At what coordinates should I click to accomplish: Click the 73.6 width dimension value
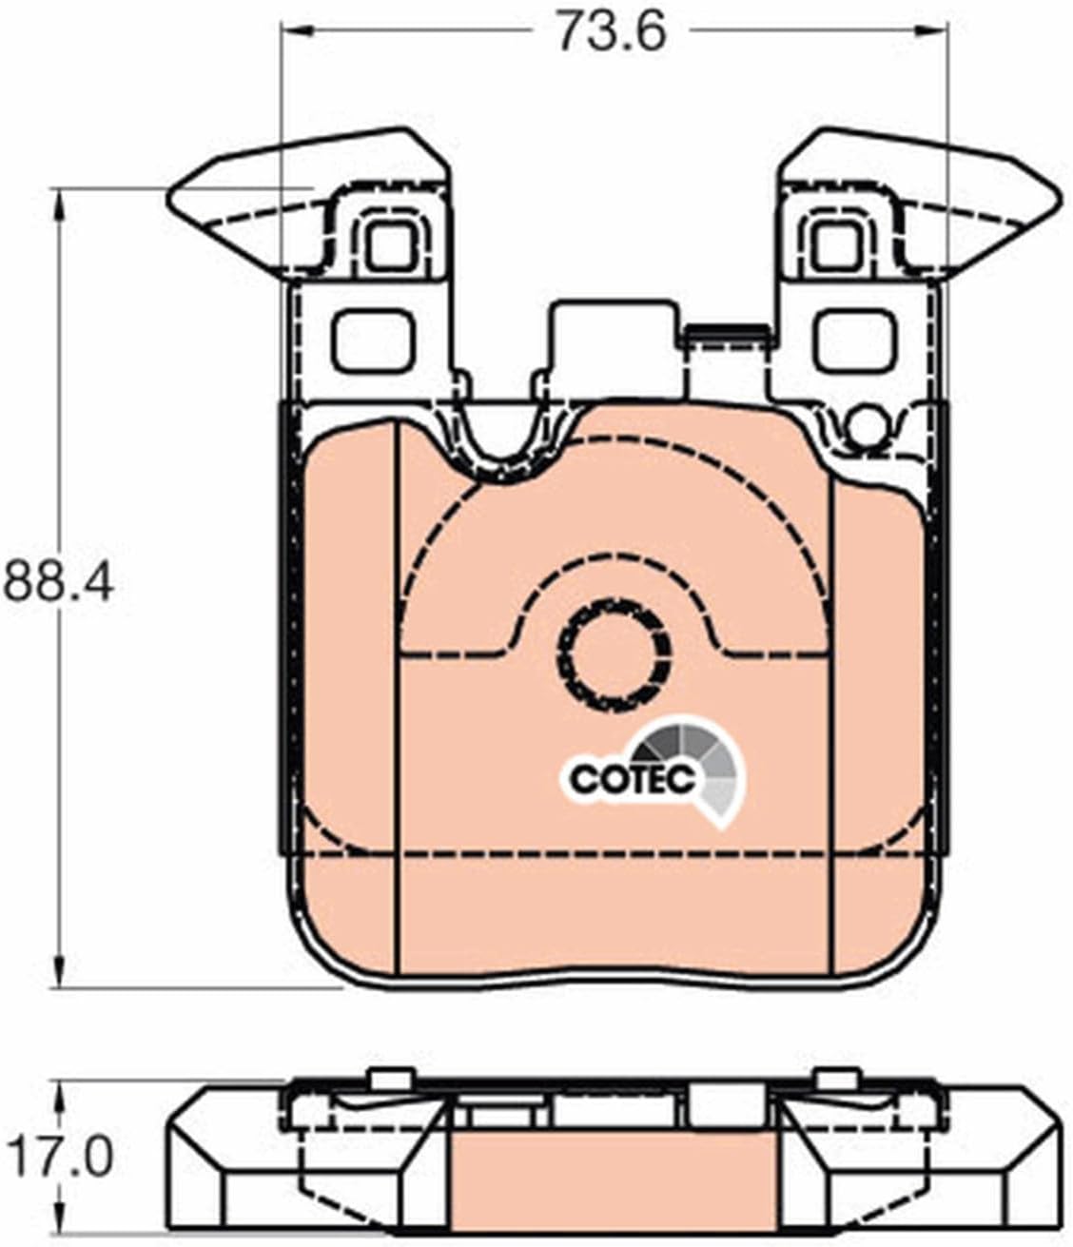pyautogui.click(x=612, y=30)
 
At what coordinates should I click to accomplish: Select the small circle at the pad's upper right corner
pyautogui.click(x=864, y=425)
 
